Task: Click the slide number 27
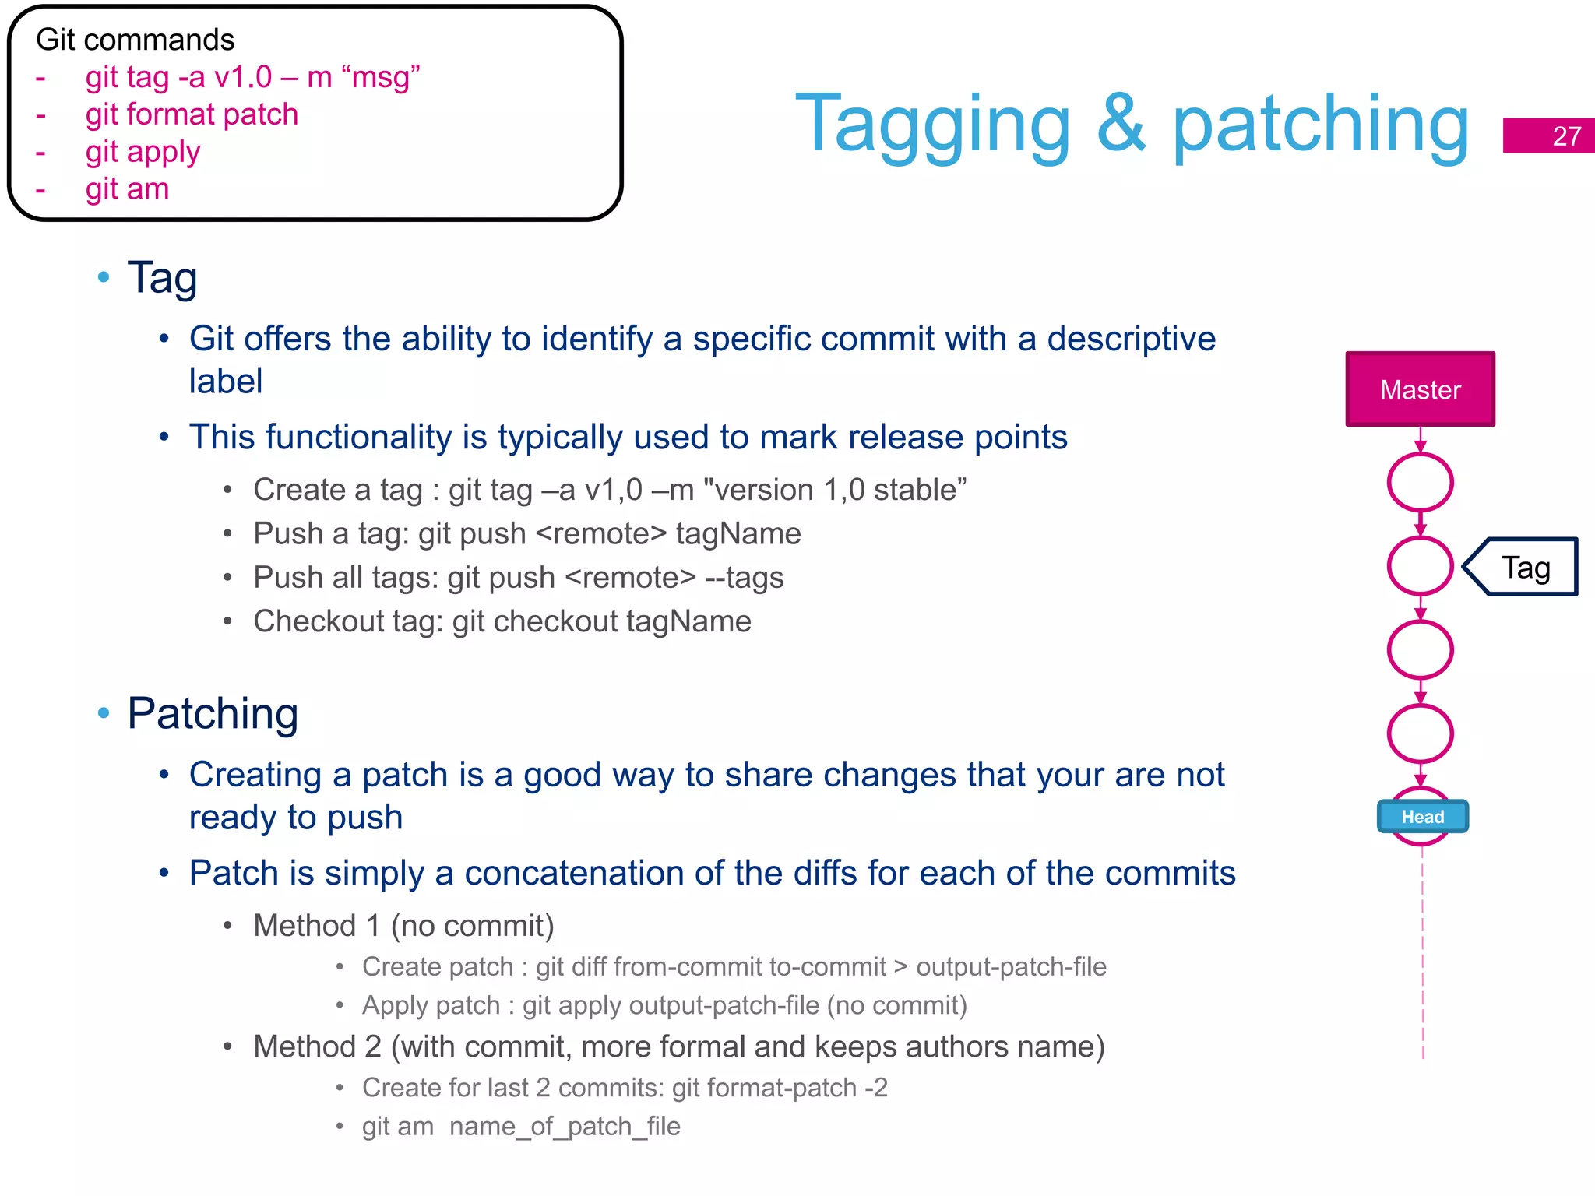tap(1566, 136)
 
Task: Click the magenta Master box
tap(1420, 389)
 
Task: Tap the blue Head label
tap(1422, 817)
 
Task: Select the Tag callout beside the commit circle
tap(1525, 568)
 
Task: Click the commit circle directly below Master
tap(1420, 483)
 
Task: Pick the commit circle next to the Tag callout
tap(1420, 566)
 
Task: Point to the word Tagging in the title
tap(933, 125)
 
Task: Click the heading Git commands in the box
tap(135, 40)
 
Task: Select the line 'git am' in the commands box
tap(127, 189)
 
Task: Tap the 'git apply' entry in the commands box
tap(143, 152)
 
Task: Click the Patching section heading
tap(213, 713)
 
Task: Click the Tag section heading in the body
tap(162, 277)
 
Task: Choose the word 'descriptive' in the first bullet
tap(1131, 339)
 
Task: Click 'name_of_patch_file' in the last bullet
tap(565, 1126)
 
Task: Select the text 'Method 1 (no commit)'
tap(403, 926)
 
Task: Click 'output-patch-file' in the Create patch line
tap(1011, 966)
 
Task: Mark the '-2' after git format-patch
tap(876, 1087)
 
